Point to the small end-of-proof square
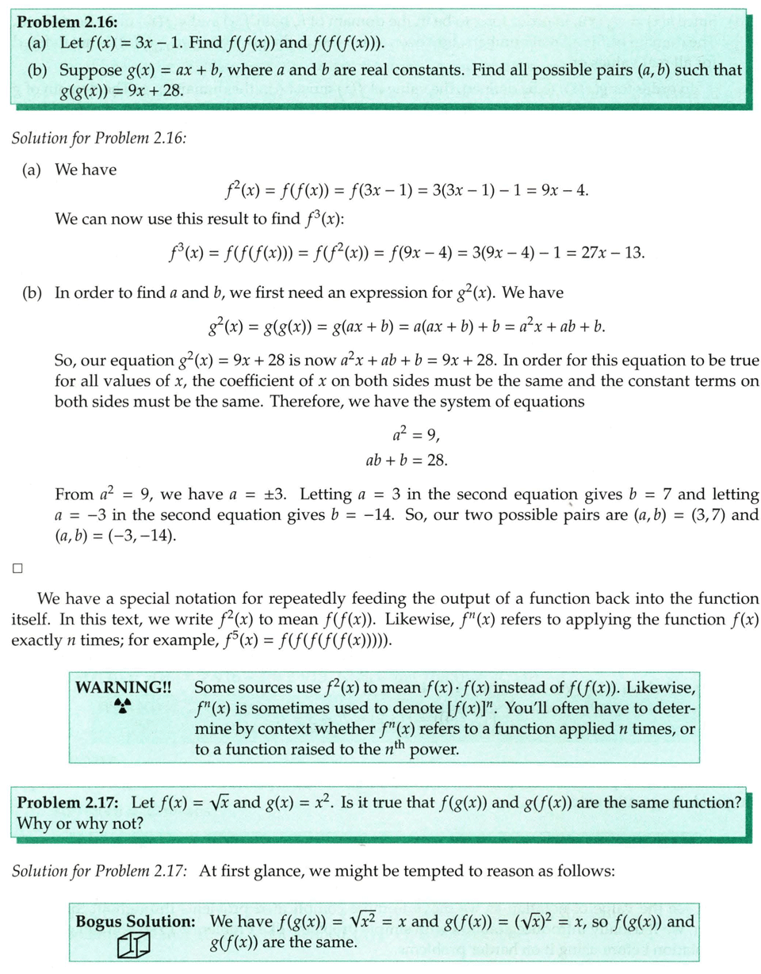click(x=17, y=567)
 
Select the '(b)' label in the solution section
click(x=35, y=292)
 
